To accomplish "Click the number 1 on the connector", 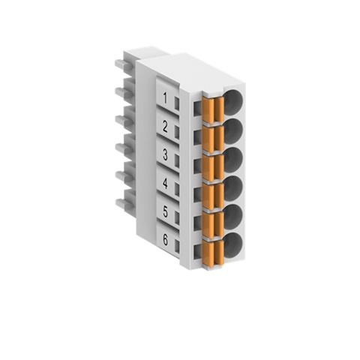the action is [165, 98].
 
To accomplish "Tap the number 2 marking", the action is [165, 127].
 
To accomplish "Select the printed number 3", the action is [165, 154].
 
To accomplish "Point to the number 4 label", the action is [165, 184].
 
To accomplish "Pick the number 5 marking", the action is [166, 212].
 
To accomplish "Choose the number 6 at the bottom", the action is [166, 240].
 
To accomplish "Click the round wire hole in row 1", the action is [233, 100].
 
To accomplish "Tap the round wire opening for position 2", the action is [233, 130].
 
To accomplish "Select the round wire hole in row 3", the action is [233, 158].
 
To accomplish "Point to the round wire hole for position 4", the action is [233, 187].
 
